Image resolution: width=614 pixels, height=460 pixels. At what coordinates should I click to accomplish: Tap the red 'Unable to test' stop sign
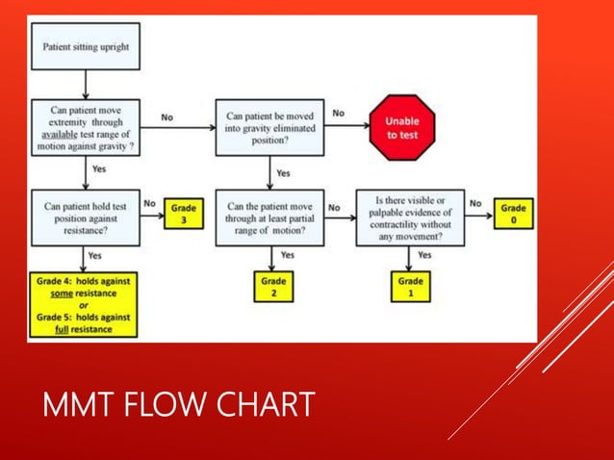[403, 128]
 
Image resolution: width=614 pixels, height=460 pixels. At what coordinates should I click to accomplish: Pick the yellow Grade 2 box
[273, 288]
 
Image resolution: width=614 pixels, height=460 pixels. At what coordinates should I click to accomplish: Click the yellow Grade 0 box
[512, 214]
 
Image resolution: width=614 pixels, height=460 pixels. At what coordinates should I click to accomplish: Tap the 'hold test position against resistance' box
[85, 215]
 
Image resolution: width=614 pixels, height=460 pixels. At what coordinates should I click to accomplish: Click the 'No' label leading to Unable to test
[339, 114]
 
